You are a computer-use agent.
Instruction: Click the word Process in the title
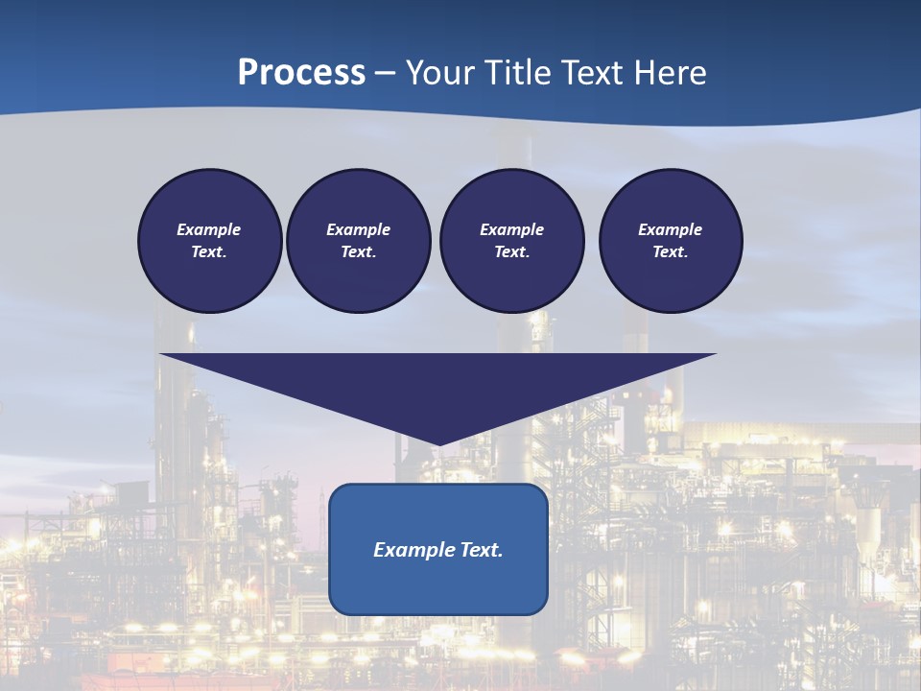(x=301, y=73)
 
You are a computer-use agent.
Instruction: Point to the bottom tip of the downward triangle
(x=438, y=444)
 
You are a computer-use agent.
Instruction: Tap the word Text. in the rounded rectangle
(x=481, y=550)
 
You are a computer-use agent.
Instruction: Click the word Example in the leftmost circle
(x=209, y=229)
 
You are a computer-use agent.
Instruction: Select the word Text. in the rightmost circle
(x=671, y=251)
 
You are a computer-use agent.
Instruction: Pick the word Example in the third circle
(x=511, y=229)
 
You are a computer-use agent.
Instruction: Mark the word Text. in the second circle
(x=358, y=251)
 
